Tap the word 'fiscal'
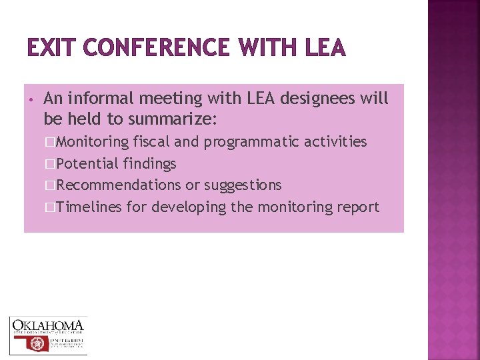tap(151, 141)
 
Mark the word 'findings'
tap(149, 163)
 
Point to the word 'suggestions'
tap(243, 185)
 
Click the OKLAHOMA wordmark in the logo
tap(48, 326)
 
